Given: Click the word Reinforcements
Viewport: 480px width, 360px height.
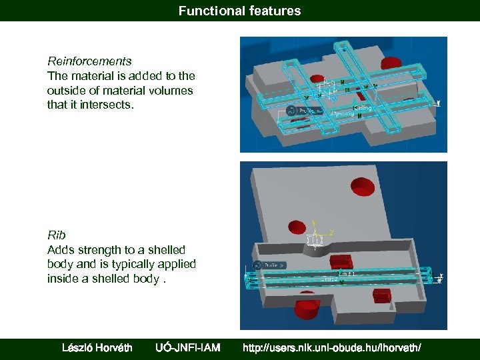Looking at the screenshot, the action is pyautogui.click(x=89, y=61).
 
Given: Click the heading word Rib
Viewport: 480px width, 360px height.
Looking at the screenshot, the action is pyautogui.click(x=57, y=235).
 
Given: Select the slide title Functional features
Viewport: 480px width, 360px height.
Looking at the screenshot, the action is pyautogui.click(x=240, y=11).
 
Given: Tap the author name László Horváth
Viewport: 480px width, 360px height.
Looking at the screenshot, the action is pyautogui.click(x=97, y=347).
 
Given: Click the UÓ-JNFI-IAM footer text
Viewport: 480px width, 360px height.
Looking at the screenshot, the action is pyautogui.click(x=187, y=347).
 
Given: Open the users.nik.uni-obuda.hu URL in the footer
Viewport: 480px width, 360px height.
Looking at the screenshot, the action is pyautogui.click(x=331, y=347).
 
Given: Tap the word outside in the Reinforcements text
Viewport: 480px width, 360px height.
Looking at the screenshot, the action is pyautogui.click(x=64, y=91).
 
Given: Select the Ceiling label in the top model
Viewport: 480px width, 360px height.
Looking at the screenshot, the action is pyautogui.click(x=363, y=107).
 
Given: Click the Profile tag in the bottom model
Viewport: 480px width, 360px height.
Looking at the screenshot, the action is pyautogui.click(x=273, y=265).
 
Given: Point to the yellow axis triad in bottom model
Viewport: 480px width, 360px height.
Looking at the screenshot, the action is pyautogui.click(x=316, y=235).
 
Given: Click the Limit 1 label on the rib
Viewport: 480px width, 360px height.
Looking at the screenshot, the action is pyautogui.click(x=348, y=274).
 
